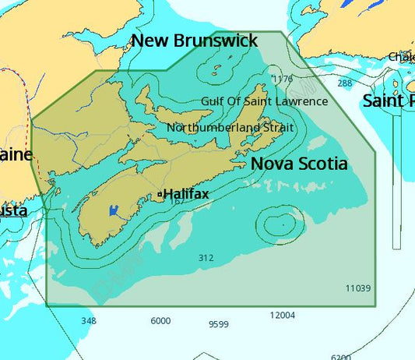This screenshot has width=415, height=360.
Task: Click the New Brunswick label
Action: pos(193,41)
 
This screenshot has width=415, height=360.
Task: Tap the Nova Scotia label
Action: pos(299,164)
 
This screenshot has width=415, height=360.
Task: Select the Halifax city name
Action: pos(185,193)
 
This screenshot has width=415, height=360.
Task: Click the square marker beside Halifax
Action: pos(159,194)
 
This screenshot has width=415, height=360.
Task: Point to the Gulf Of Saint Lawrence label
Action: pos(264,101)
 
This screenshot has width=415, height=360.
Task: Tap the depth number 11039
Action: pos(358,288)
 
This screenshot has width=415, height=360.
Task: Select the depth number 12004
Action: pos(282,315)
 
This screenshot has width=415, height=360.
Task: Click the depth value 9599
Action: pos(219,324)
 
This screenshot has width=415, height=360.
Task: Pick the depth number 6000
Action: pos(160,320)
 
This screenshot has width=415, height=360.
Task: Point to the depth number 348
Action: pos(89,320)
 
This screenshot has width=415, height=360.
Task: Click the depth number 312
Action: pos(206,257)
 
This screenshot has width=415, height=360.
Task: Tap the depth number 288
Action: pos(344,83)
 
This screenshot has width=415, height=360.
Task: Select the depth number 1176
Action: pos(283,79)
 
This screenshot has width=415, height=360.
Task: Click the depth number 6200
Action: pos(340,356)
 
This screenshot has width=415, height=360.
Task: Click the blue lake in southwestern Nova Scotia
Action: pos(114,210)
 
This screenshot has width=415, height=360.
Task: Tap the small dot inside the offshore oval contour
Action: pos(283,222)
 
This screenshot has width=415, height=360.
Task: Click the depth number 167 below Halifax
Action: pos(177,201)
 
